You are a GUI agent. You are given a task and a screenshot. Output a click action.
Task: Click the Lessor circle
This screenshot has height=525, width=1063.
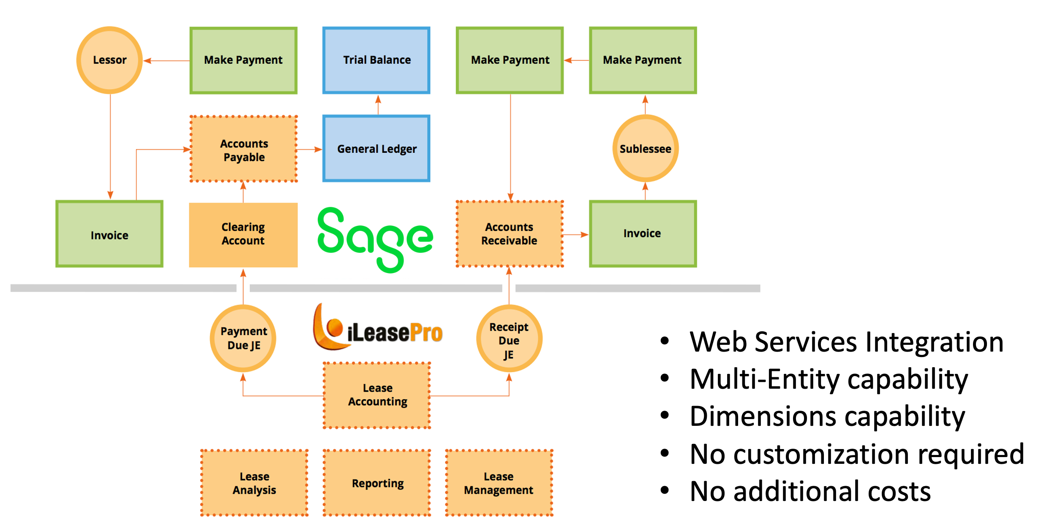109,60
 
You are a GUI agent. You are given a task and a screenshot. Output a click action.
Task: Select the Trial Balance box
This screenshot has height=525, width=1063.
376,60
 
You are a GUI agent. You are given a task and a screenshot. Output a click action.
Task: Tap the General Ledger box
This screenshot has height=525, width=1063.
376,149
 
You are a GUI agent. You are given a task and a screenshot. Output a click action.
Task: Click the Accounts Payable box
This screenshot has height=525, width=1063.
244,149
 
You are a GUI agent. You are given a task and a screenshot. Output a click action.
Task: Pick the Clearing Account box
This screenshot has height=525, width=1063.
243,235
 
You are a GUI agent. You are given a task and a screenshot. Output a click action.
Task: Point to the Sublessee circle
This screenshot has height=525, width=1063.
645,149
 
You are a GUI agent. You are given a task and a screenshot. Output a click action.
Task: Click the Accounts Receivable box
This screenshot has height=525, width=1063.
510,234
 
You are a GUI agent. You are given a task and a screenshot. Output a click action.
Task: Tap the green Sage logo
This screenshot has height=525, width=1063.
375,239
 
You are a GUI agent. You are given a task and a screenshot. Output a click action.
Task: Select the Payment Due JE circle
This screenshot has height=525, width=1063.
243,338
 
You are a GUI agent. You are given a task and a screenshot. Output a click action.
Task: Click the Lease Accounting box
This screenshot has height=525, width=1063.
377,395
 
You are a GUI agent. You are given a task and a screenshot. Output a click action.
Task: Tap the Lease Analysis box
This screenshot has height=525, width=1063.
254,483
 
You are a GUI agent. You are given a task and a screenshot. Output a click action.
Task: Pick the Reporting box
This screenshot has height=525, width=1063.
377,483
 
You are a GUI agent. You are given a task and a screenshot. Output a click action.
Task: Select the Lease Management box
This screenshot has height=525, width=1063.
499,483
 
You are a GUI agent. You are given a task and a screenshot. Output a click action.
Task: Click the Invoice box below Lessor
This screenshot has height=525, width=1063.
109,234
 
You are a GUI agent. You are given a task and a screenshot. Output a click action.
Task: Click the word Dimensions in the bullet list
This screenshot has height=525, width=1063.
763,417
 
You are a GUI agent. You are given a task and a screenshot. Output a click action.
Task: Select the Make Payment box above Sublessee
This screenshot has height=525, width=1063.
643,60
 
